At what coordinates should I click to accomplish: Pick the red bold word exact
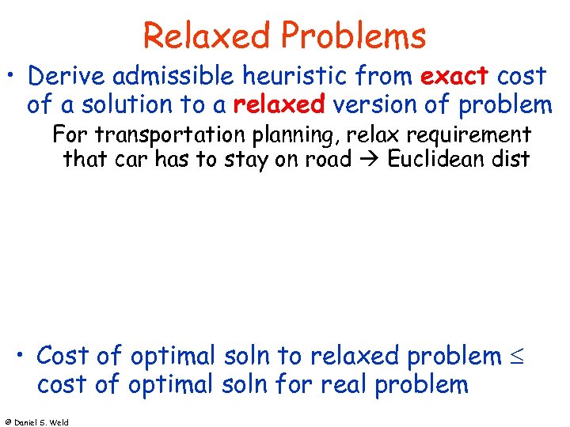click(455, 76)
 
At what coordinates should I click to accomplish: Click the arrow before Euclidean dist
click(370, 160)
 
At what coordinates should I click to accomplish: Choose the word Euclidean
click(436, 159)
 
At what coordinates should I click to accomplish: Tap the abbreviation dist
click(511, 159)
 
